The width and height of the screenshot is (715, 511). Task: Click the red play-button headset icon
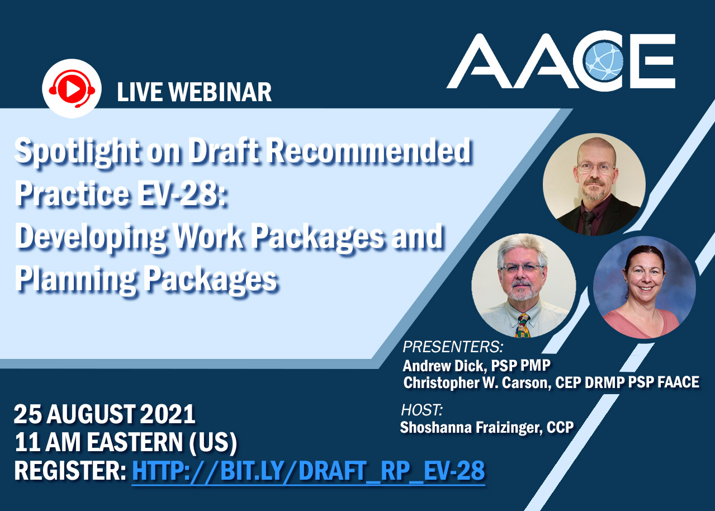pyautogui.click(x=72, y=88)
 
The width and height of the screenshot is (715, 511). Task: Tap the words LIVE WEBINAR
pyautogui.click(x=194, y=92)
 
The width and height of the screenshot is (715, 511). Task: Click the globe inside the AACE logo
pyautogui.click(x=604, y=61)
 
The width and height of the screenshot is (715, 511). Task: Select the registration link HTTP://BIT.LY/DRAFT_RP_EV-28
pyautogui.click(x=309, y=471)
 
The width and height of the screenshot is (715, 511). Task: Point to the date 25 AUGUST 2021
pyautogui.click(x=105, y=414)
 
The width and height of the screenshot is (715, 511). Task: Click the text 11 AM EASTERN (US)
pyautogui.click(x=126, y=442)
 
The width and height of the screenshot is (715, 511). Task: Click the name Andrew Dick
pyautogui.click(x=444, y=366)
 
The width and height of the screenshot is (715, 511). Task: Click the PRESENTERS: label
pyautogui.click(x=453, y=347)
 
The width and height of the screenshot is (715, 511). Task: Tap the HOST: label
pyautogui.click(x=422, y=410)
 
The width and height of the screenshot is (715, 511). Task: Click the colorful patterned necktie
pyautogui.click(x=522, y=325)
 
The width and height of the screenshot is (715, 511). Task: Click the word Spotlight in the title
pyautogui.click(x=77, y=150)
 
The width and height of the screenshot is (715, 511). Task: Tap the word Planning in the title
pyautogui.click(x=75, y=280)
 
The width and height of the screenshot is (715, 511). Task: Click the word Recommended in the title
pyautogui.click(x=368, y=150)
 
